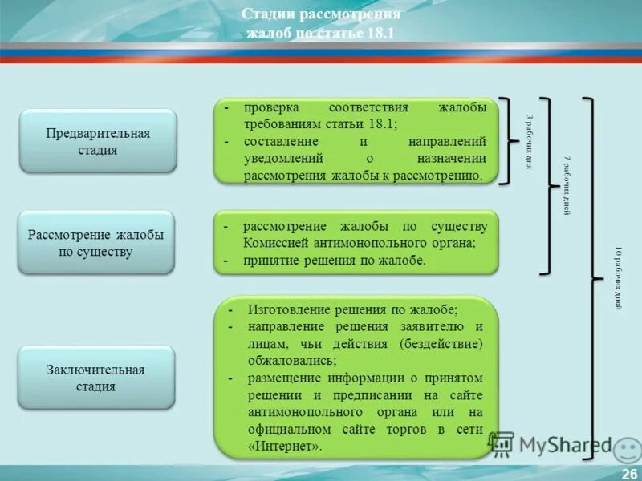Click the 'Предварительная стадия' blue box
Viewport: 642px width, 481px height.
pyautogui.click(x=98, y=141)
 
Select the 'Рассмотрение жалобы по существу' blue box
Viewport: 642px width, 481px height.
pyautogui.click(x=96, y=243)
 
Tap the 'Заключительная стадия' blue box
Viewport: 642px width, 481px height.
pyautogui.click(x=96, y=378)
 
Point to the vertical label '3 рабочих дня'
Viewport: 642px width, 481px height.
pyautogui.click(x=528, y=141)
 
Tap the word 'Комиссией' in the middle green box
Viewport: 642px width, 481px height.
pyautogui.click(x=277, y=244)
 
